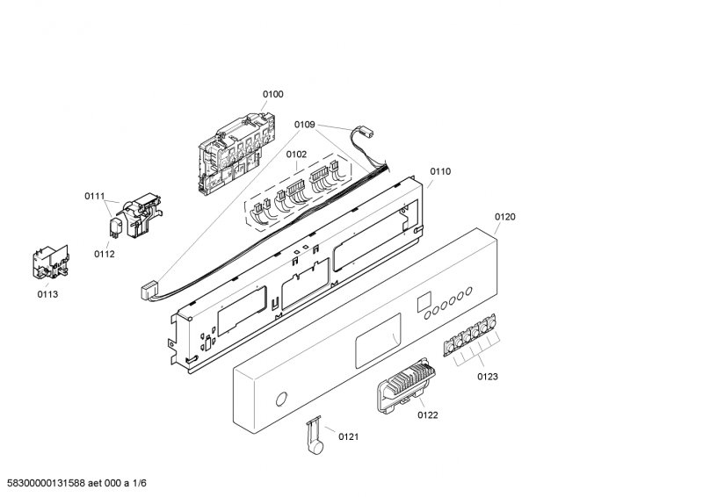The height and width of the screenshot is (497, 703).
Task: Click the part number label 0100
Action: click(x=272, y=94)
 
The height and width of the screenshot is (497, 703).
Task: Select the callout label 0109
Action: click(x=304, y=125)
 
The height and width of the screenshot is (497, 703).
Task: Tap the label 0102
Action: click(x=296, y=155)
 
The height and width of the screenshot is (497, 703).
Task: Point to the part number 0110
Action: click(x=440, y=172)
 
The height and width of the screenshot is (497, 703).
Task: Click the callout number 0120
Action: click(x=505, y=216)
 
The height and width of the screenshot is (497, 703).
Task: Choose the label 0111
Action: click(x=95, y=196)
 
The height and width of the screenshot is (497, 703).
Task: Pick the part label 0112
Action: click(x=105, y=255)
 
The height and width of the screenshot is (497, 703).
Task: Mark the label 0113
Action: click(x=47, y=294)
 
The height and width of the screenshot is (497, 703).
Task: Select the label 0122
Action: click(x=428, y=414)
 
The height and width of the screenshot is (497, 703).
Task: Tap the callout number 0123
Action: click(x=488, y=377)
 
